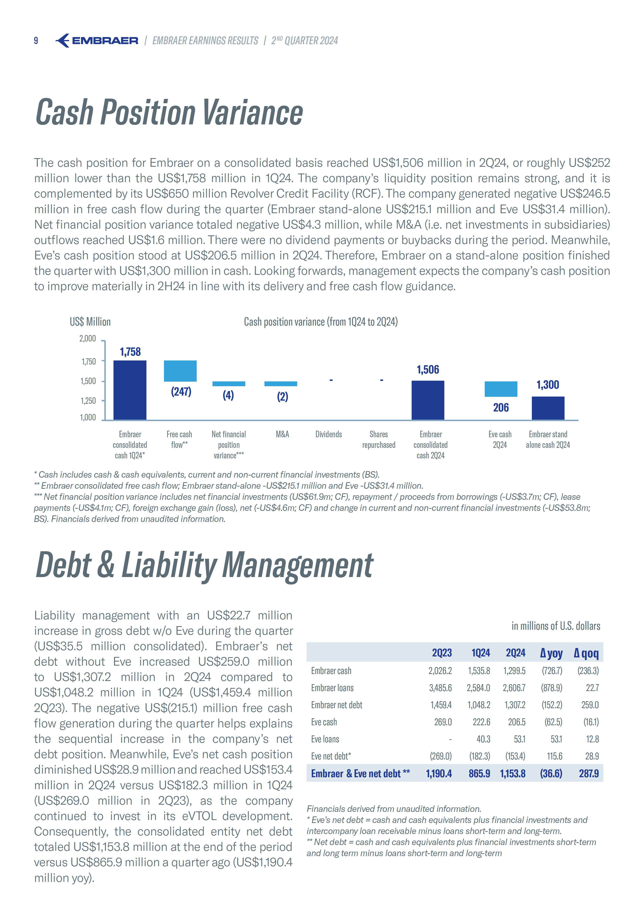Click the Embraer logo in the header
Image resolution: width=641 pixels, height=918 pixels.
[x=97, y=40]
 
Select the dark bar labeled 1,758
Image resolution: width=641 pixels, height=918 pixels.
[x=130, y=390]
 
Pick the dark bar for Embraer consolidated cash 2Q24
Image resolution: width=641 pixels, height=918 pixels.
[x=427, y=400]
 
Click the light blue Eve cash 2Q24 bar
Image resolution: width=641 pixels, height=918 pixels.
[x=501, y=389]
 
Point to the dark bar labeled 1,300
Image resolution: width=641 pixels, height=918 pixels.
[x=548, y=408]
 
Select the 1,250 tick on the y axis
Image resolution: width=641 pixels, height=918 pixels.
[x=88, y=401]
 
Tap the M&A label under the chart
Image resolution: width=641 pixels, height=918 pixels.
[x=282, y=434]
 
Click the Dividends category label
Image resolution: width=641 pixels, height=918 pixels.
[x=328, y=434]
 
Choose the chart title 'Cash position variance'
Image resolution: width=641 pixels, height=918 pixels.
[x=320, y=322]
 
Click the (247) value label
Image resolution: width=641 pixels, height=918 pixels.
[x=181, y=392]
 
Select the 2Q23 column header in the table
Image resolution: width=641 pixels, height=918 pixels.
[x=442, y=653]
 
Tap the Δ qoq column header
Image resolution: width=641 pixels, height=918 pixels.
[x=586, y=653]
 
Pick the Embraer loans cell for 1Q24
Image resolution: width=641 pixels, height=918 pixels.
[x=478, y=688]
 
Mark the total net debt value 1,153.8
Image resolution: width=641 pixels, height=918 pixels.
[x=513, y=773]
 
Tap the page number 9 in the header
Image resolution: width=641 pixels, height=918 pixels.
[x=36, y=40]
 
